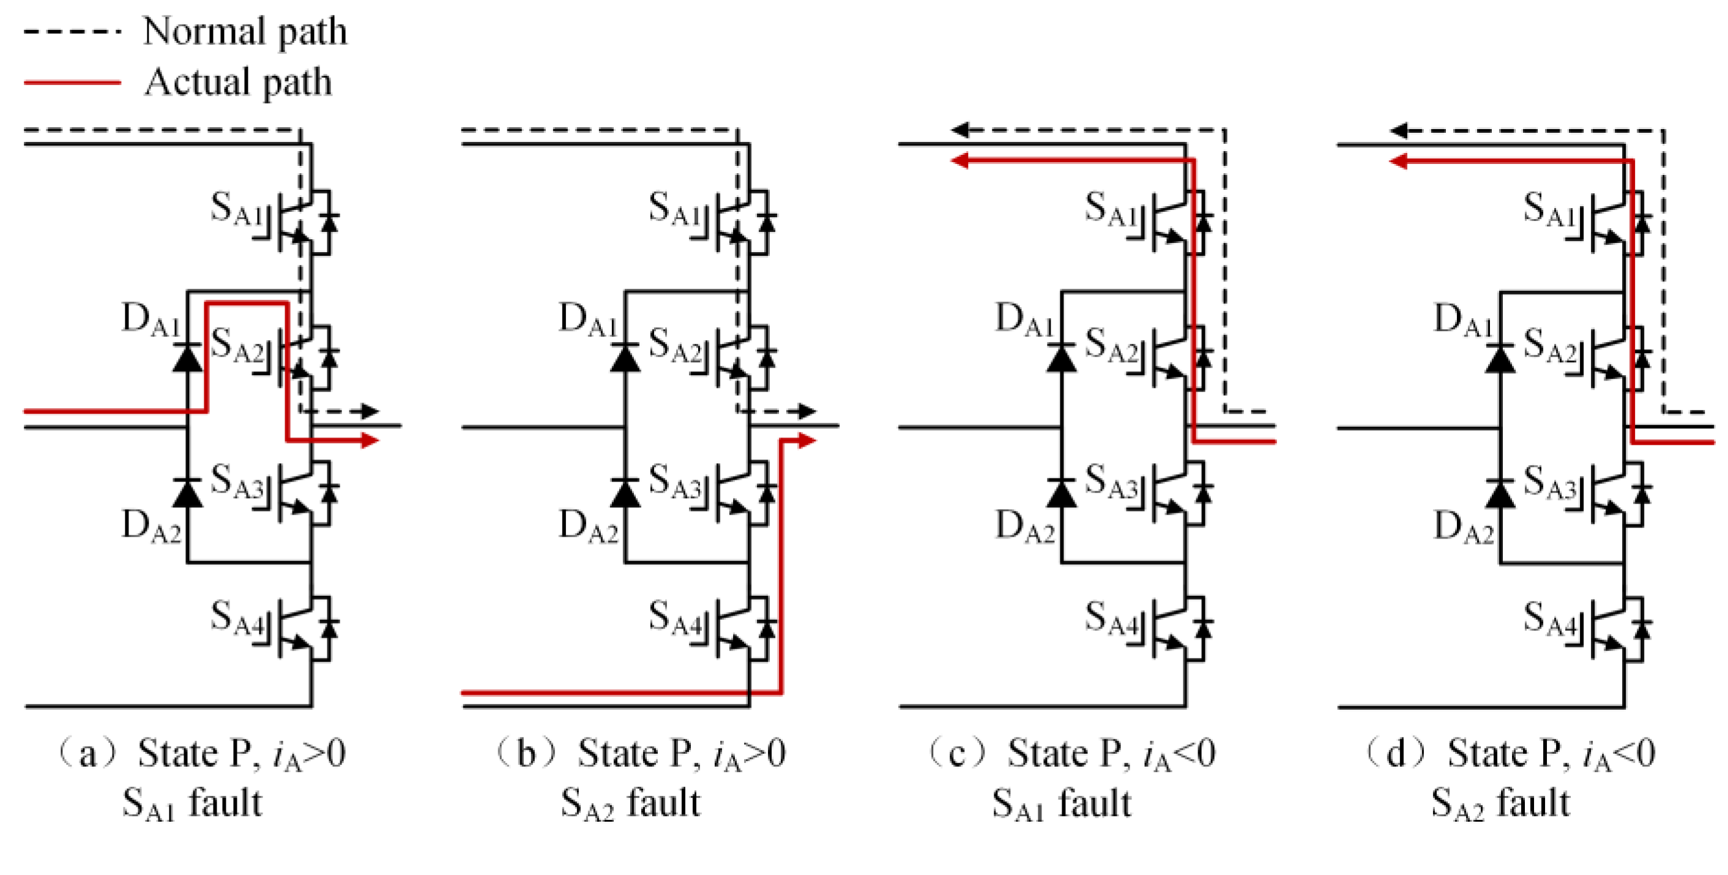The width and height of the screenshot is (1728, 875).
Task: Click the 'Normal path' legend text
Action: tap(245, 32)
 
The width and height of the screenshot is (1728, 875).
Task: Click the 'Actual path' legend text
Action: tap(238, 83)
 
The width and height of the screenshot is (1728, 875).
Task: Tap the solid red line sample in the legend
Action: tap(72, 83)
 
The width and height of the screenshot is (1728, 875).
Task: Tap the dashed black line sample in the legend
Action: tap(72, 32)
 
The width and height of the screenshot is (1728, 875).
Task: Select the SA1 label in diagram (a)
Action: tap(236, 209)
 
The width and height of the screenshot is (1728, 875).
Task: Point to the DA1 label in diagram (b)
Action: tap(587, 319)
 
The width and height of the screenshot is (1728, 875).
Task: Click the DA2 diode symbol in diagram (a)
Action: tap(187, 493)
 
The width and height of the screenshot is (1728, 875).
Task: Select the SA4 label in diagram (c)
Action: tap(1111, 618)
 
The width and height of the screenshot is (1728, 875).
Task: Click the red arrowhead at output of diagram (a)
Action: tap(370, 440)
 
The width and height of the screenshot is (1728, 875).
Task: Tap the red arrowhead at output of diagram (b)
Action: tap(807, 440)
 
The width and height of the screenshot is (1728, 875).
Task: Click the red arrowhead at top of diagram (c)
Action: tap(961, 160)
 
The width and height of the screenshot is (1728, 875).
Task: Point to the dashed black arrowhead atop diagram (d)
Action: tap(1399, 130)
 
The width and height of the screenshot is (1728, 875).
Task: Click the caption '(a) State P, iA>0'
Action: tap(201, 754)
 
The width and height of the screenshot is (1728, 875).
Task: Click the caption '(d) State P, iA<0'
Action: tap(1510, 754)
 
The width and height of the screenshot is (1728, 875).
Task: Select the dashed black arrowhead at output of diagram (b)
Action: tap(807, 411)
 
